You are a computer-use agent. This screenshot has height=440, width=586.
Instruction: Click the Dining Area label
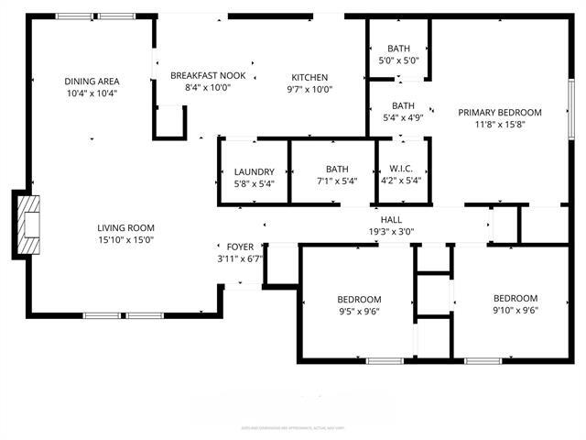(x=92, y=80)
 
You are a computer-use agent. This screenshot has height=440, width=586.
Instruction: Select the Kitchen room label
(x=309, y=77)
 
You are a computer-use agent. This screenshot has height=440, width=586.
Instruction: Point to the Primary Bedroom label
(x=500, y=113)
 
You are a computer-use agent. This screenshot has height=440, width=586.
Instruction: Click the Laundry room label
(x=254, y=171)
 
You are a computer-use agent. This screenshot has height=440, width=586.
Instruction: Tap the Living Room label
(x=126, y=228)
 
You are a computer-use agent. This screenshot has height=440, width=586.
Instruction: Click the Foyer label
(x=240, y=247)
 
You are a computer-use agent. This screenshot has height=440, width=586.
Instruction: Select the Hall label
(x=391, y=220)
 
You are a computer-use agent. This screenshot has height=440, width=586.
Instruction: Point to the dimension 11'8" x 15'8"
(x=500, y=126)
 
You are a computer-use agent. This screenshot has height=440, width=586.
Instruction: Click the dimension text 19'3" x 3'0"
(x=391, y=232)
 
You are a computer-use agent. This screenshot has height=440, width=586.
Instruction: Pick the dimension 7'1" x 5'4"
(x=336, y=181)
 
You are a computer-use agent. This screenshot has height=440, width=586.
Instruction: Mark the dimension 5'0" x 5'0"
(x=398, y=60)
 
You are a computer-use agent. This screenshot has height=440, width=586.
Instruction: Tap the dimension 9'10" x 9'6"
(x=515, y=311)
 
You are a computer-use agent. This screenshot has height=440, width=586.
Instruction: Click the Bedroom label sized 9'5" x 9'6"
(x=358, y=300)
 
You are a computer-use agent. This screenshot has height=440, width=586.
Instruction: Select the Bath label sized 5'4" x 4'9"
(x=403, y=105)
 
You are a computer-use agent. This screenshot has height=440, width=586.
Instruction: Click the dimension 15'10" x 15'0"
(x=126, y=240)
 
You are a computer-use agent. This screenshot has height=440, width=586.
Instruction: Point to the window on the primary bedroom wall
(x=570, y=105)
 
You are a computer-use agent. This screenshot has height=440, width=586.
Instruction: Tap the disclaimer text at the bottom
(x=292, y=427)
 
